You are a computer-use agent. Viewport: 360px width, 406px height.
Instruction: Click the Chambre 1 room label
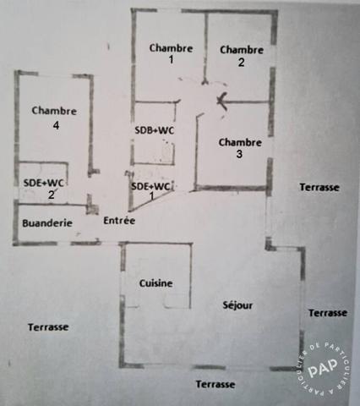[171, 53]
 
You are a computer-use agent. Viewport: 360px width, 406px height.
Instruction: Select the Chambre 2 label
[242, 56]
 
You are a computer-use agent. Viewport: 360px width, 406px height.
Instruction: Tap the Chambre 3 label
[240, 148]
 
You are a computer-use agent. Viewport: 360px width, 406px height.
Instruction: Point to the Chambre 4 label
[54, 118]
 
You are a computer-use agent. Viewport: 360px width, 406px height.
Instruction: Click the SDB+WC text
[155, 130]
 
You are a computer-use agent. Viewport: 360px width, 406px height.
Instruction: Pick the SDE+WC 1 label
[151, 191]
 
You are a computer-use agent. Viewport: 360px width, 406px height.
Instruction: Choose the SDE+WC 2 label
[44, 188]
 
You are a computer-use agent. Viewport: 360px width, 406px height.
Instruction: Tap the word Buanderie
[47, 223]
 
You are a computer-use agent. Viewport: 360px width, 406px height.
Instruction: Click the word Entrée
[119, 220]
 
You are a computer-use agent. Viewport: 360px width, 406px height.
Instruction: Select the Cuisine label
[155, 283]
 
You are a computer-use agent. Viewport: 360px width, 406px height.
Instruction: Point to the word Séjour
[237, 305]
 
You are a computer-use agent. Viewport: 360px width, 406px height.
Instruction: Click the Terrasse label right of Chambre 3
[319, 187]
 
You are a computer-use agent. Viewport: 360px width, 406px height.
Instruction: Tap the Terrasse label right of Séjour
[328, 313]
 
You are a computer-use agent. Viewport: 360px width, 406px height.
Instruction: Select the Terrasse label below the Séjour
[215, 384]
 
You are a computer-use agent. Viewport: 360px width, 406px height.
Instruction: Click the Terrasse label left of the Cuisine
[48, 327]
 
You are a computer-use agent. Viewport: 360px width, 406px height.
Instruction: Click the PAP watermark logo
[323, 367]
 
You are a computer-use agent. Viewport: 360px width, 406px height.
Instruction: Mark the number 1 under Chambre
[171, 60]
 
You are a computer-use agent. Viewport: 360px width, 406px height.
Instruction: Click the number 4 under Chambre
[56, 125]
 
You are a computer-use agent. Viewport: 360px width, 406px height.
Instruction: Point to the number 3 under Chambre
[239, 154]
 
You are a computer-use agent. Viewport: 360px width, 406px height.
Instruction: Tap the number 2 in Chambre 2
[241, 63]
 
